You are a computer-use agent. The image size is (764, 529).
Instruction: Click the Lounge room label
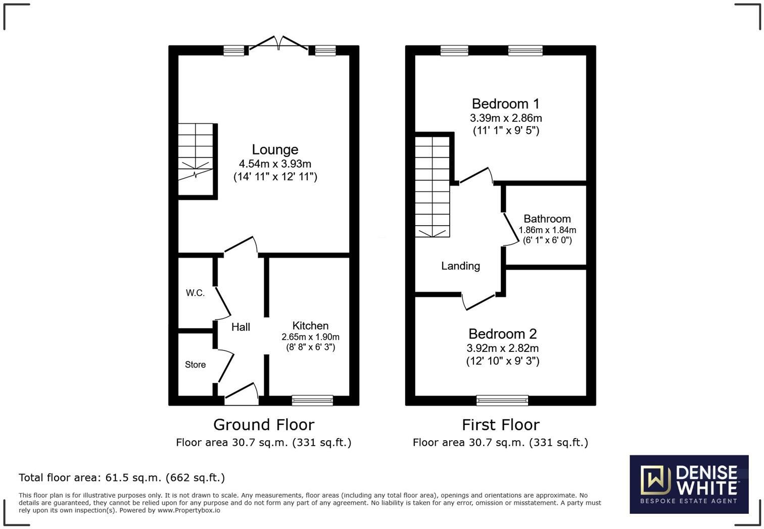[x=275, y=150]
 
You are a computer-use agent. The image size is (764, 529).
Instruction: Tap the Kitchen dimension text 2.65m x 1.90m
[x=310, y=337]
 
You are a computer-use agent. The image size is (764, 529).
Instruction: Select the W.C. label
[x=195, y=293]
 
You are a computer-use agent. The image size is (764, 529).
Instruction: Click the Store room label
[x=195, y=364]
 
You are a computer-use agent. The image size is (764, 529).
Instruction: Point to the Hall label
[x=241, y=327]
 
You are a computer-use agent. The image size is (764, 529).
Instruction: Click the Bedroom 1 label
[x=505, y=104]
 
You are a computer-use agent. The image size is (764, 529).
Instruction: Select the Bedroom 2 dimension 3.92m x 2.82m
[x=502, y=348]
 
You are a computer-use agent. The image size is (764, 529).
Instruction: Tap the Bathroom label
[x=547, y=219]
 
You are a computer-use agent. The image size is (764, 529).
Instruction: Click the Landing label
[x=460, y=266]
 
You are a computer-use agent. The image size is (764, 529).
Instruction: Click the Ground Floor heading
[x=263, y=425]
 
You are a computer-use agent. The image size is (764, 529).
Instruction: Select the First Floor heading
[x=500, y=425]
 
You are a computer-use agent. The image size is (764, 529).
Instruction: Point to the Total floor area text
[x=122, y=478]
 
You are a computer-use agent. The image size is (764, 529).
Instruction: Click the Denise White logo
[x=689, y=484]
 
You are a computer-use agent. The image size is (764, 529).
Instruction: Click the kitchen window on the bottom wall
[x=312, y=401]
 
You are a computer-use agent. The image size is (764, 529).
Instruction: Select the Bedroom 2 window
[x=502, y=401]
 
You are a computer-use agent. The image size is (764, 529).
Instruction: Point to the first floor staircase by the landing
[x=432, y=187]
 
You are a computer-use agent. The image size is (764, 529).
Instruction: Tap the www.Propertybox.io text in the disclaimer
[x=188, y=510]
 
